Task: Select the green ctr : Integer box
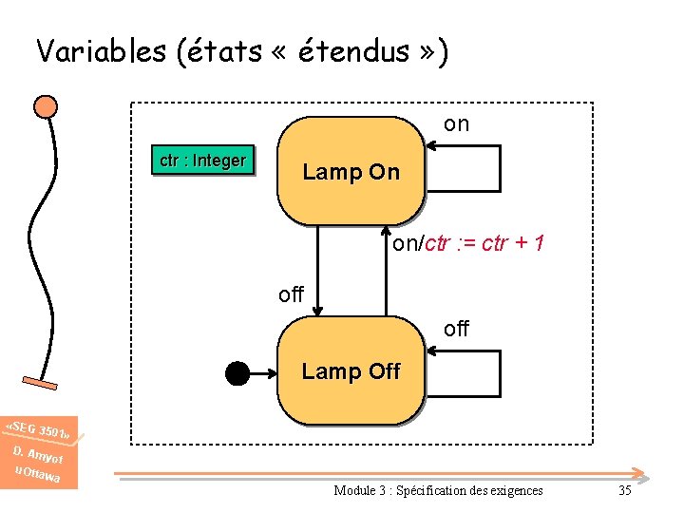(202, 161)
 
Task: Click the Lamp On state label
(351, 172)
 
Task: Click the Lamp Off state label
(351, 371)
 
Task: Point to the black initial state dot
(237, 373)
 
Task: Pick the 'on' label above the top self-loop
(456, 124)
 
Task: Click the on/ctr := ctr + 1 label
(468, 244)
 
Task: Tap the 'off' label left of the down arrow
(291, 294)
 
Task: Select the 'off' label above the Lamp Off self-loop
(456, 329)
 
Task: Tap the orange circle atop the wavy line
(45, 104)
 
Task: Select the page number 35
(624, 490)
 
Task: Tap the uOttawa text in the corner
(38, 471)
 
